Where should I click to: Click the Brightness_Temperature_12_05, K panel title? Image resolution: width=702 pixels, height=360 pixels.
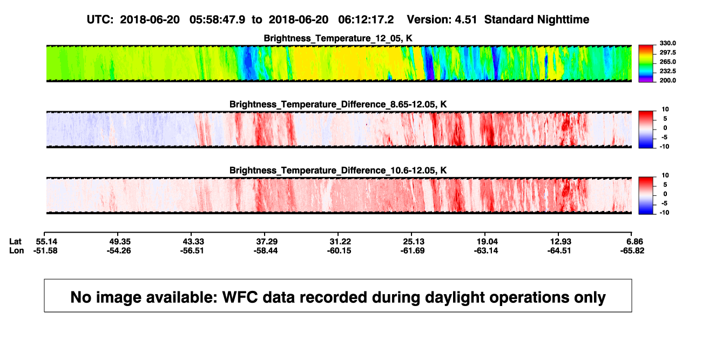(x=338, y=38)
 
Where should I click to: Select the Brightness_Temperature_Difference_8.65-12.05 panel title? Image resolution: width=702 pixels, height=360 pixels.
(x=338, y=104)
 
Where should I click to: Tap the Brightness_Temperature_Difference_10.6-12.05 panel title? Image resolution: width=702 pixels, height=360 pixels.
(x=338, y=171)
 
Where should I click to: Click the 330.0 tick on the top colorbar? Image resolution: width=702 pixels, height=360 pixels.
(x=667, y=43)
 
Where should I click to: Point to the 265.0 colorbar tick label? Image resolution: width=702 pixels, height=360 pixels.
(x=667, y=62)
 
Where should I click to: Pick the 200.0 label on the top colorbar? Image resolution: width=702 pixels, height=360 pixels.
(x=667, y=80)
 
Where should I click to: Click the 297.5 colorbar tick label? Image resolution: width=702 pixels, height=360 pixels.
(x=667, y=52)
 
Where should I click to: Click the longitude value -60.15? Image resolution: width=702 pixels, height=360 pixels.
(x=339, y=250)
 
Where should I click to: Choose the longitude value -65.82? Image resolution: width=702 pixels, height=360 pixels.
(x=632, y=250)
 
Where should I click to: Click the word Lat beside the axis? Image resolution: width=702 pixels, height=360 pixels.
(x=15, y=242)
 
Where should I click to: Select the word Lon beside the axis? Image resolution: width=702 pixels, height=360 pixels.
(x=17, y=250)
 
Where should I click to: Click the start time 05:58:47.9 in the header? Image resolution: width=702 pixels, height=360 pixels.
(x=217, y=20)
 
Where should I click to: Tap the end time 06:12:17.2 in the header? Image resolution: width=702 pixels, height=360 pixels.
(x=366, y=20)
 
